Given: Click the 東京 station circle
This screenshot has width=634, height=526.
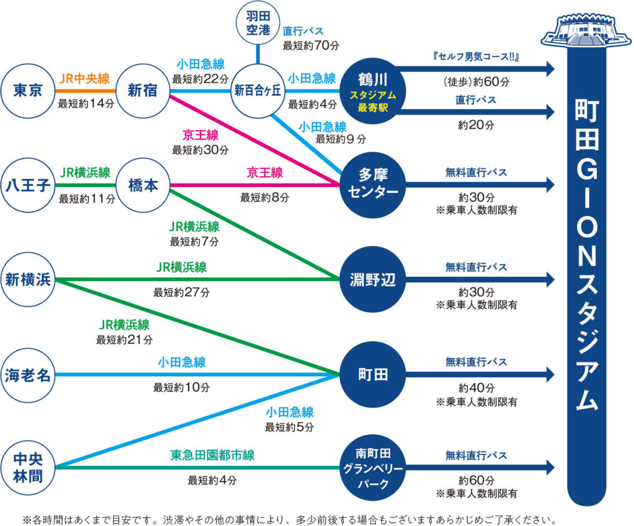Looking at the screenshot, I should point(28,91).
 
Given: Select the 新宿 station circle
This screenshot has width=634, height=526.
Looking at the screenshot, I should point(143,91).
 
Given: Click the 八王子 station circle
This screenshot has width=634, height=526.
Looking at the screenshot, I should point(28,185).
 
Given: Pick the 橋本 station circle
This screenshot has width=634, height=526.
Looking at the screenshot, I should point(143,185).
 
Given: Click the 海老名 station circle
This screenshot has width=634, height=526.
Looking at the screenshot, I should point(28,375).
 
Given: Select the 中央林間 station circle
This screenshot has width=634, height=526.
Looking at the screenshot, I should point(28,466).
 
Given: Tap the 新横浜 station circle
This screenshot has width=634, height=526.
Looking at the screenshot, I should point(28,279).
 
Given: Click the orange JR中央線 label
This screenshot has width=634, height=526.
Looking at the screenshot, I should point(84,79).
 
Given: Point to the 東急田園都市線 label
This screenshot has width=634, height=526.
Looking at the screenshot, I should point(212,455).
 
